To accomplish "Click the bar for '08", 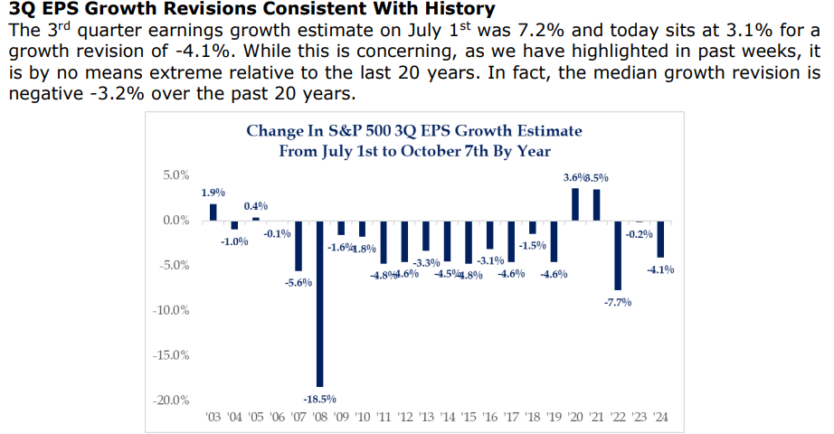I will click(x=319, y=303).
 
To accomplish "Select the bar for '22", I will click(x=618, y=255).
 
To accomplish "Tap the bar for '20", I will click(x=574, y=203).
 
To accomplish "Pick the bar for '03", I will click(x=213, y=212).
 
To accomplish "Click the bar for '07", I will click(x=298, y=245).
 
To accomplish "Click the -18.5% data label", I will click(x=319, y=398).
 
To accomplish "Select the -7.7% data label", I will click(x=618, y=301).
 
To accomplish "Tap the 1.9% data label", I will click(x=213, y=193).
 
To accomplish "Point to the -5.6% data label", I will click(x=298, y=282).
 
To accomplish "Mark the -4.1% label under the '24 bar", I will click(x=661, y=269).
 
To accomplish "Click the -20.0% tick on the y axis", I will click(x=171, y=401).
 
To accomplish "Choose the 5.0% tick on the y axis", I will click(x=175, y=175).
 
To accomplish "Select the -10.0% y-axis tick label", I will click(x=171, y=310).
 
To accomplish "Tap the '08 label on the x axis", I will click(x=319, y=419).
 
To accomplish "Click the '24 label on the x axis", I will click(x=661, y=419).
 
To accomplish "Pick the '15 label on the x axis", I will click(x=469, y=419).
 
